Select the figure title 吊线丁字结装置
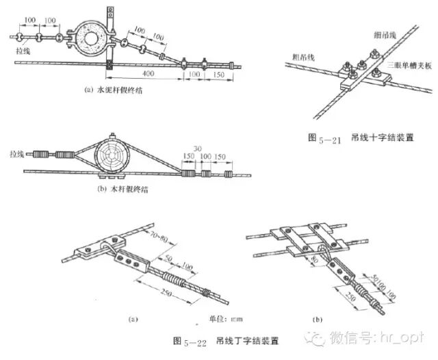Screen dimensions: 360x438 click(x=238, y=339)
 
